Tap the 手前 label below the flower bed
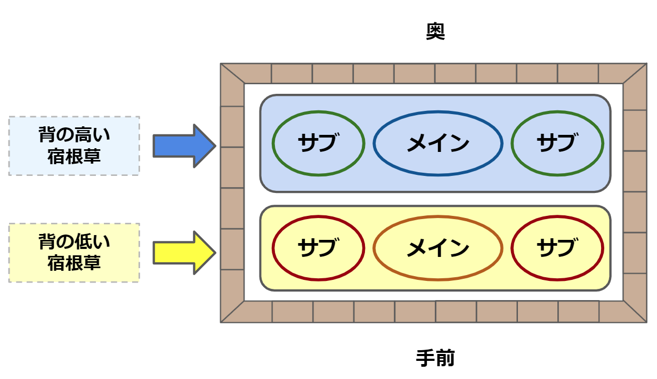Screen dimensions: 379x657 [435, 358]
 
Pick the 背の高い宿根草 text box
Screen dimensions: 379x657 [74, 146]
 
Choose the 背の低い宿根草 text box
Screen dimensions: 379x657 [74, 253]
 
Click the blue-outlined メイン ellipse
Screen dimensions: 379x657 [437, 143]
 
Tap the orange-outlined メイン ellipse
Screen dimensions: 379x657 [437, 248]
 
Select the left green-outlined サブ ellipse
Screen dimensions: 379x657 [318, 143]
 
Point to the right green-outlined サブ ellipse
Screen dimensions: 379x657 [557, 143]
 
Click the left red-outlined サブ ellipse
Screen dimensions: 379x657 [318, 248]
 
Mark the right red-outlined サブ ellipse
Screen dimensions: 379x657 [557, 248]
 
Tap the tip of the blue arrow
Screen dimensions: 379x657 [214, 146]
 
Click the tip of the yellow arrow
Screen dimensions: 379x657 [214, 253]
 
